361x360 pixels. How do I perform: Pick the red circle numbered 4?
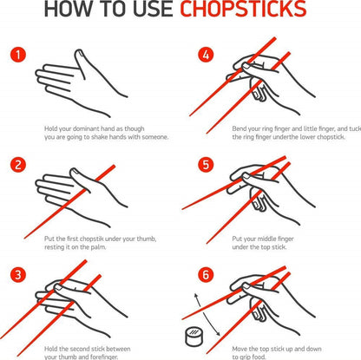coord(205,56)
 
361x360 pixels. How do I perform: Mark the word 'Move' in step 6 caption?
coord(242,347)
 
